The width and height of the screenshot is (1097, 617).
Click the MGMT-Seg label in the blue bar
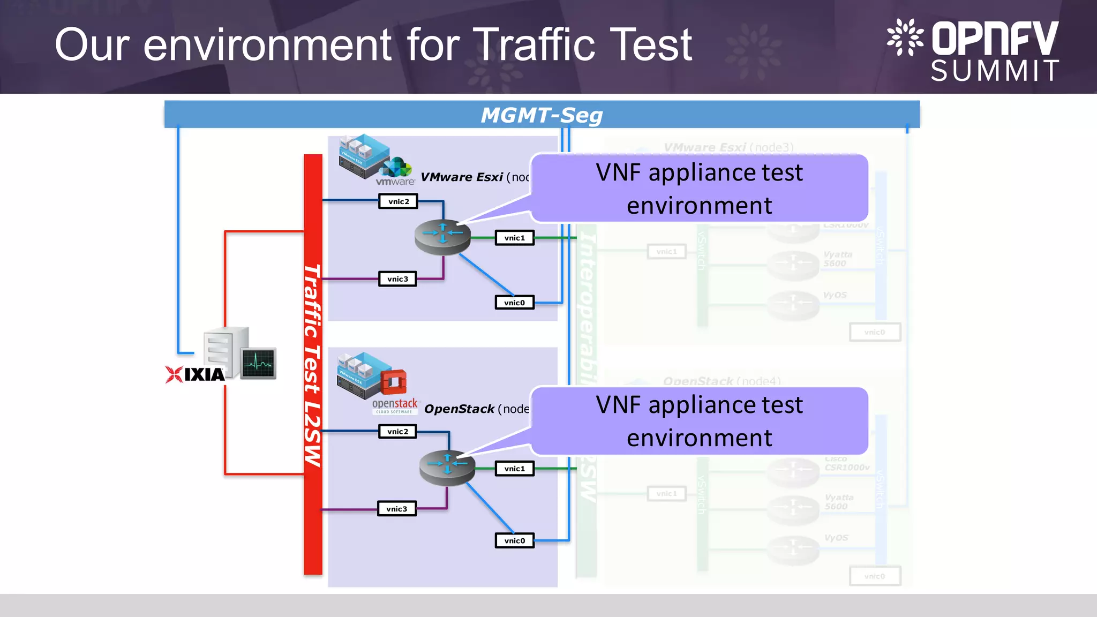coord(542,115)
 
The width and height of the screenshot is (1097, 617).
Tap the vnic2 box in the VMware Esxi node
coord(398,201)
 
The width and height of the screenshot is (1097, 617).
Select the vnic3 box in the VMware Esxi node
coord(397,279)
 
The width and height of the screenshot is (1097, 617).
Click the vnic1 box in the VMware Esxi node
coord(514,238)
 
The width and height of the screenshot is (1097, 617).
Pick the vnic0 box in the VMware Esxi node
coord(514,303)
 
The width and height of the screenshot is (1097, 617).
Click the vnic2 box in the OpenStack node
coord(397,432)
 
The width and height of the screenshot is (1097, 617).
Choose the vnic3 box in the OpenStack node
coord(396,509)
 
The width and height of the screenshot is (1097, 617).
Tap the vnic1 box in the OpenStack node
coord(514,469)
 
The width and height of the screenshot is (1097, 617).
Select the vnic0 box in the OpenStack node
coord(514,540)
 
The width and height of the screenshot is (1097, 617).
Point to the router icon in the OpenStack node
coord(447,467)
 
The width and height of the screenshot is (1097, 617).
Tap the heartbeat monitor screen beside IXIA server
coord(258,363)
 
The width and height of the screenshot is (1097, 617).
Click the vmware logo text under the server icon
coord(395,182)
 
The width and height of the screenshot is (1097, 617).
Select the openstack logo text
coord(394,403)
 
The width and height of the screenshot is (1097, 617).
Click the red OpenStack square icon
coord(394,382)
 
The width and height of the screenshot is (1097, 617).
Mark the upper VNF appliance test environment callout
coord(699,189)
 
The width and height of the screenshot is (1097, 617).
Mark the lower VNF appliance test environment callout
coord(699,421)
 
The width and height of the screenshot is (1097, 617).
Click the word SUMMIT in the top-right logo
coord(995,71)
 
